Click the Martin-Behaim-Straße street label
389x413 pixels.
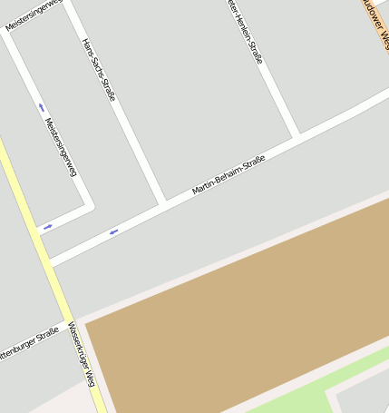[229, 175]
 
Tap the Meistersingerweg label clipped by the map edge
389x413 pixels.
[33, 15]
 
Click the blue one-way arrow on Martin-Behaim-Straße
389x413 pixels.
[114, 231]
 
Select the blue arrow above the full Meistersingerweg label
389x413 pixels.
[41, 107]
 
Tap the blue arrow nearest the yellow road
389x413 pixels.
[47, 226]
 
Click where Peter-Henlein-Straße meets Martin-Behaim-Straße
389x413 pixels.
[297, 137]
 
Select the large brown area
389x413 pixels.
[245, 309]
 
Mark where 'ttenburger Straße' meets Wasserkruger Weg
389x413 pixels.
[67, 325]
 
